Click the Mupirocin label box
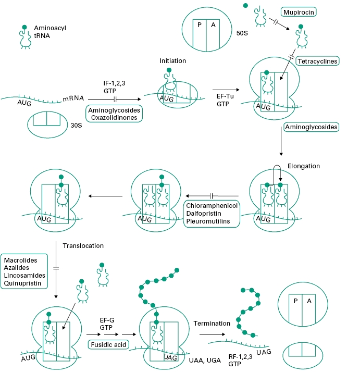pos(299,11)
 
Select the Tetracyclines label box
pos(317,61)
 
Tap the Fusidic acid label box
pos(108,344)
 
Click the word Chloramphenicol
pos(212,206)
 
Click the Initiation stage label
pos(172,61)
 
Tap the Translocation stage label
pos(83,245)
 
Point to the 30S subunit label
pos(77,126)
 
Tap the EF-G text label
pos(107,321)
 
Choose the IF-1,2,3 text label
pos(115,82)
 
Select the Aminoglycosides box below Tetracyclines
pos(312,127)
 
